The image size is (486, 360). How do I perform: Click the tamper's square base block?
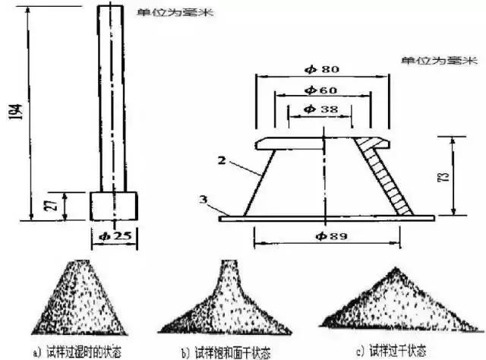[x=113, y=204]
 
